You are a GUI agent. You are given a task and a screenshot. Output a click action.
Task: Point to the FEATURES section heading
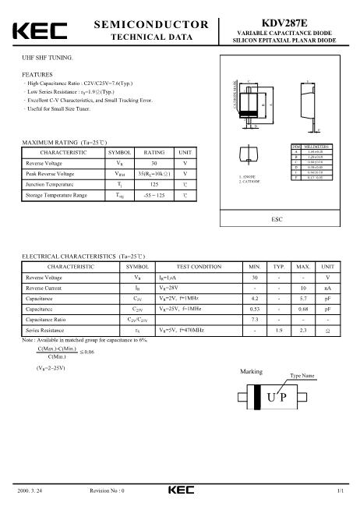37,73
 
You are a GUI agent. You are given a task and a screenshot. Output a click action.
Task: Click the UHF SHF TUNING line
47,58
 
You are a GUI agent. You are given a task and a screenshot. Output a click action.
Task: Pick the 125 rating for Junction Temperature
154,184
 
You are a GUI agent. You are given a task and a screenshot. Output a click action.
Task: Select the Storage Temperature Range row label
56,195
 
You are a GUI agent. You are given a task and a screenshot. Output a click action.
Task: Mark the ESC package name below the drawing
277,221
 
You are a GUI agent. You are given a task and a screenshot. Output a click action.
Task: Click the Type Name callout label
302,376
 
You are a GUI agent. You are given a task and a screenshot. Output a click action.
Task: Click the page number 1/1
341,490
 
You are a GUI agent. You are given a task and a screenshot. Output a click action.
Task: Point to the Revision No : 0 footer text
108,490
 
